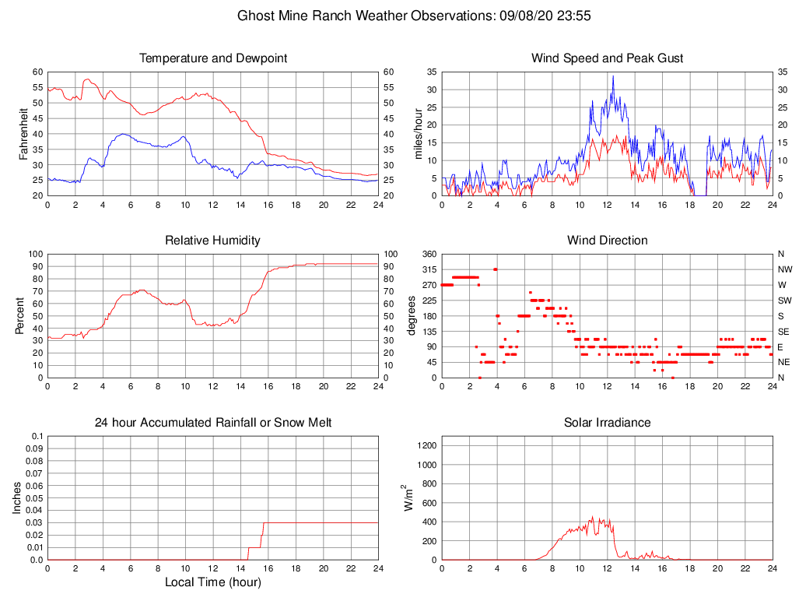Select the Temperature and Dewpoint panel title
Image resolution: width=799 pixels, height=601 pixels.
click(x=213, y=58)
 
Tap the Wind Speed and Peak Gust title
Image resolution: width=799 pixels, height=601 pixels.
click(x=607, y=58)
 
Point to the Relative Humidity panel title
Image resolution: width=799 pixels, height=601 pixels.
click(x=213, y=241)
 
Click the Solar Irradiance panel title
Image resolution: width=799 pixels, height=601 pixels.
click(x=607, y=423)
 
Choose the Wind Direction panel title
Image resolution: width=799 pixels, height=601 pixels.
click(x=607, y=241)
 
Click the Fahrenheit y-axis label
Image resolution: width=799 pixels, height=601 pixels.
click(x=24, y=133)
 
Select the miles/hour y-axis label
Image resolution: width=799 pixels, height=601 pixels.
click(x=419, y=133)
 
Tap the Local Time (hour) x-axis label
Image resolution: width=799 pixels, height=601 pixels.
click(x=213, y=582)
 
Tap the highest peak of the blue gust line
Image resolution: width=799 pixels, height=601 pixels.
click(x=613, y=76)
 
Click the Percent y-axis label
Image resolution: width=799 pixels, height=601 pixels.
click(x=19, y=315)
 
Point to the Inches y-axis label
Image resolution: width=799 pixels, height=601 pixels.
click(x=17, y=497)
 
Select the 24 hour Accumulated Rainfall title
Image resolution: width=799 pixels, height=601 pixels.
click(x=213, y=423)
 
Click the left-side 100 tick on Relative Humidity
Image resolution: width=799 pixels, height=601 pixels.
click(x=34, y=254)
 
